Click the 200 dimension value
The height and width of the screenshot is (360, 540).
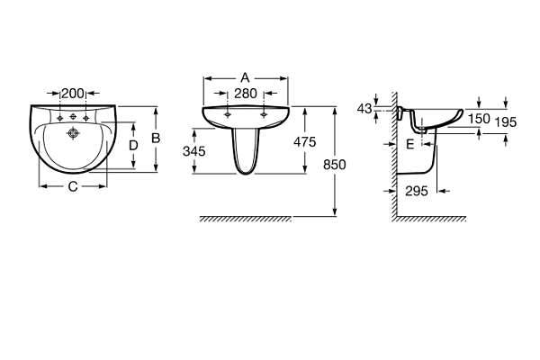pyautogui.click(x=73, y=94)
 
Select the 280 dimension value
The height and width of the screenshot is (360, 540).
pyautogui.click(x=246, y=94)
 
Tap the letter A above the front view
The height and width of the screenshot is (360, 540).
pyautogui.click(x=245, y=78)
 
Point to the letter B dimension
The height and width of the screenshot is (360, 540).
pyautogui.click(x=156, y=138)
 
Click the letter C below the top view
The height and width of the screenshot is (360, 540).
pyautogui.click(x=73, y=186)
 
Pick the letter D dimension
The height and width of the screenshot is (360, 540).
pyautogui.click(x=133, y=146)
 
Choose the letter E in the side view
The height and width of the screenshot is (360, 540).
pyautogui.click(x=409, y=144)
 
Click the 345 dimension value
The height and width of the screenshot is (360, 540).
pyautogui.click(x=194, y=151)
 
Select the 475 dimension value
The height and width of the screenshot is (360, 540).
pyautogui.click(x=305, y=141)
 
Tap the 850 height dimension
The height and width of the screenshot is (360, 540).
pyautogui.click(x=335, y=165)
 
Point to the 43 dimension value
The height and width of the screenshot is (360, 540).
pyautogui.click(x=364, y=109)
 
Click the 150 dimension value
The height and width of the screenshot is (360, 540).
pyautogui.click(x=479, y=119)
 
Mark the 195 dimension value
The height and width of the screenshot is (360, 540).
pyautogui.click(x=506, y=122)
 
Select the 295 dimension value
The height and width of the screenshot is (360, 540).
pyautogui.click(x=417, y=191)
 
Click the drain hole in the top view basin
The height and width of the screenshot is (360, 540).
pyautogui.click(x=73, y=132)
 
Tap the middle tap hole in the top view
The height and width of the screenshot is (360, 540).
pyautogui.click(x=73, y=117)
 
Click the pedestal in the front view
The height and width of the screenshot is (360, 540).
pyautogui.click(x=246, y=151)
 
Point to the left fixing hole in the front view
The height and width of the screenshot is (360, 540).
pyautogui.click(x=228, y=114)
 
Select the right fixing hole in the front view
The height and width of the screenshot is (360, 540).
pyautogui.click(x=264, y=114)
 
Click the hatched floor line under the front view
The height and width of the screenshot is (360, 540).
pyautogui.click(x=246, y=219)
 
